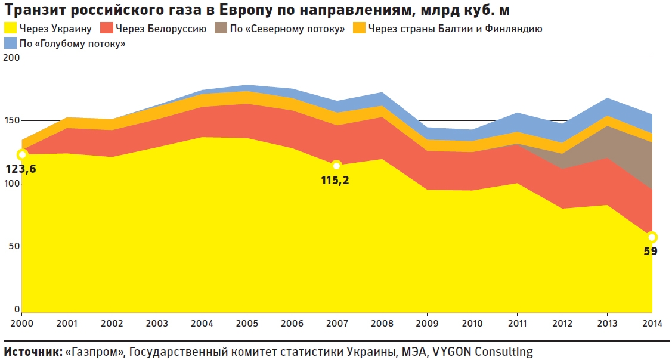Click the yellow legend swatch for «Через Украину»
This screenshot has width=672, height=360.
[10, 28]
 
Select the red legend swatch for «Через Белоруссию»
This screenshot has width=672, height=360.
[106, 28]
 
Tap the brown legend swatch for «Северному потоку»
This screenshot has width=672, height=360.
[221, 28]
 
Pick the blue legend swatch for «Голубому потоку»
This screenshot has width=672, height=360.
[10, 43]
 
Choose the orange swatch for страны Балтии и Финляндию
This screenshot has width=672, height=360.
[360, 28]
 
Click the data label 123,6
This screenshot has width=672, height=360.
[21, 169]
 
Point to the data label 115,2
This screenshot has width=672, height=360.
[335, 179]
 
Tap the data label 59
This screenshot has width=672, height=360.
[651, 251]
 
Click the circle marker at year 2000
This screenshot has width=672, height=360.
[22, 154]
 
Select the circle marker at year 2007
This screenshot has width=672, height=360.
[336, 165]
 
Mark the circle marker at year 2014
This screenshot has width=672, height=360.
[652, 237]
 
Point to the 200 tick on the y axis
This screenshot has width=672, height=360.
[11, 58]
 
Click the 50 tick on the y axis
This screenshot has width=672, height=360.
[14, 246]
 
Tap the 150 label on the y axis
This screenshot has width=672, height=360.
[11, 120]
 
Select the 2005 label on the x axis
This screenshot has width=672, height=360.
[247, 323]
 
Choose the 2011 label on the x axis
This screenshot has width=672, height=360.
[517, 323]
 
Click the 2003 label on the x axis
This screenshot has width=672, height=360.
[157, 323]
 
